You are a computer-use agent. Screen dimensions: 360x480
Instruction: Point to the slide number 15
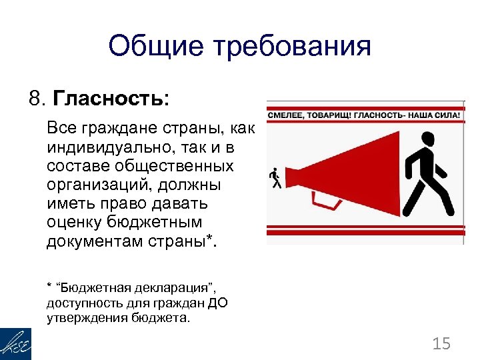pos(441,343)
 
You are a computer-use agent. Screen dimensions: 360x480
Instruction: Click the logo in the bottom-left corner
pos(15,343)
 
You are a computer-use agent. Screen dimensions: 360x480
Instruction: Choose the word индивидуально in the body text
pos(97,145)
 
